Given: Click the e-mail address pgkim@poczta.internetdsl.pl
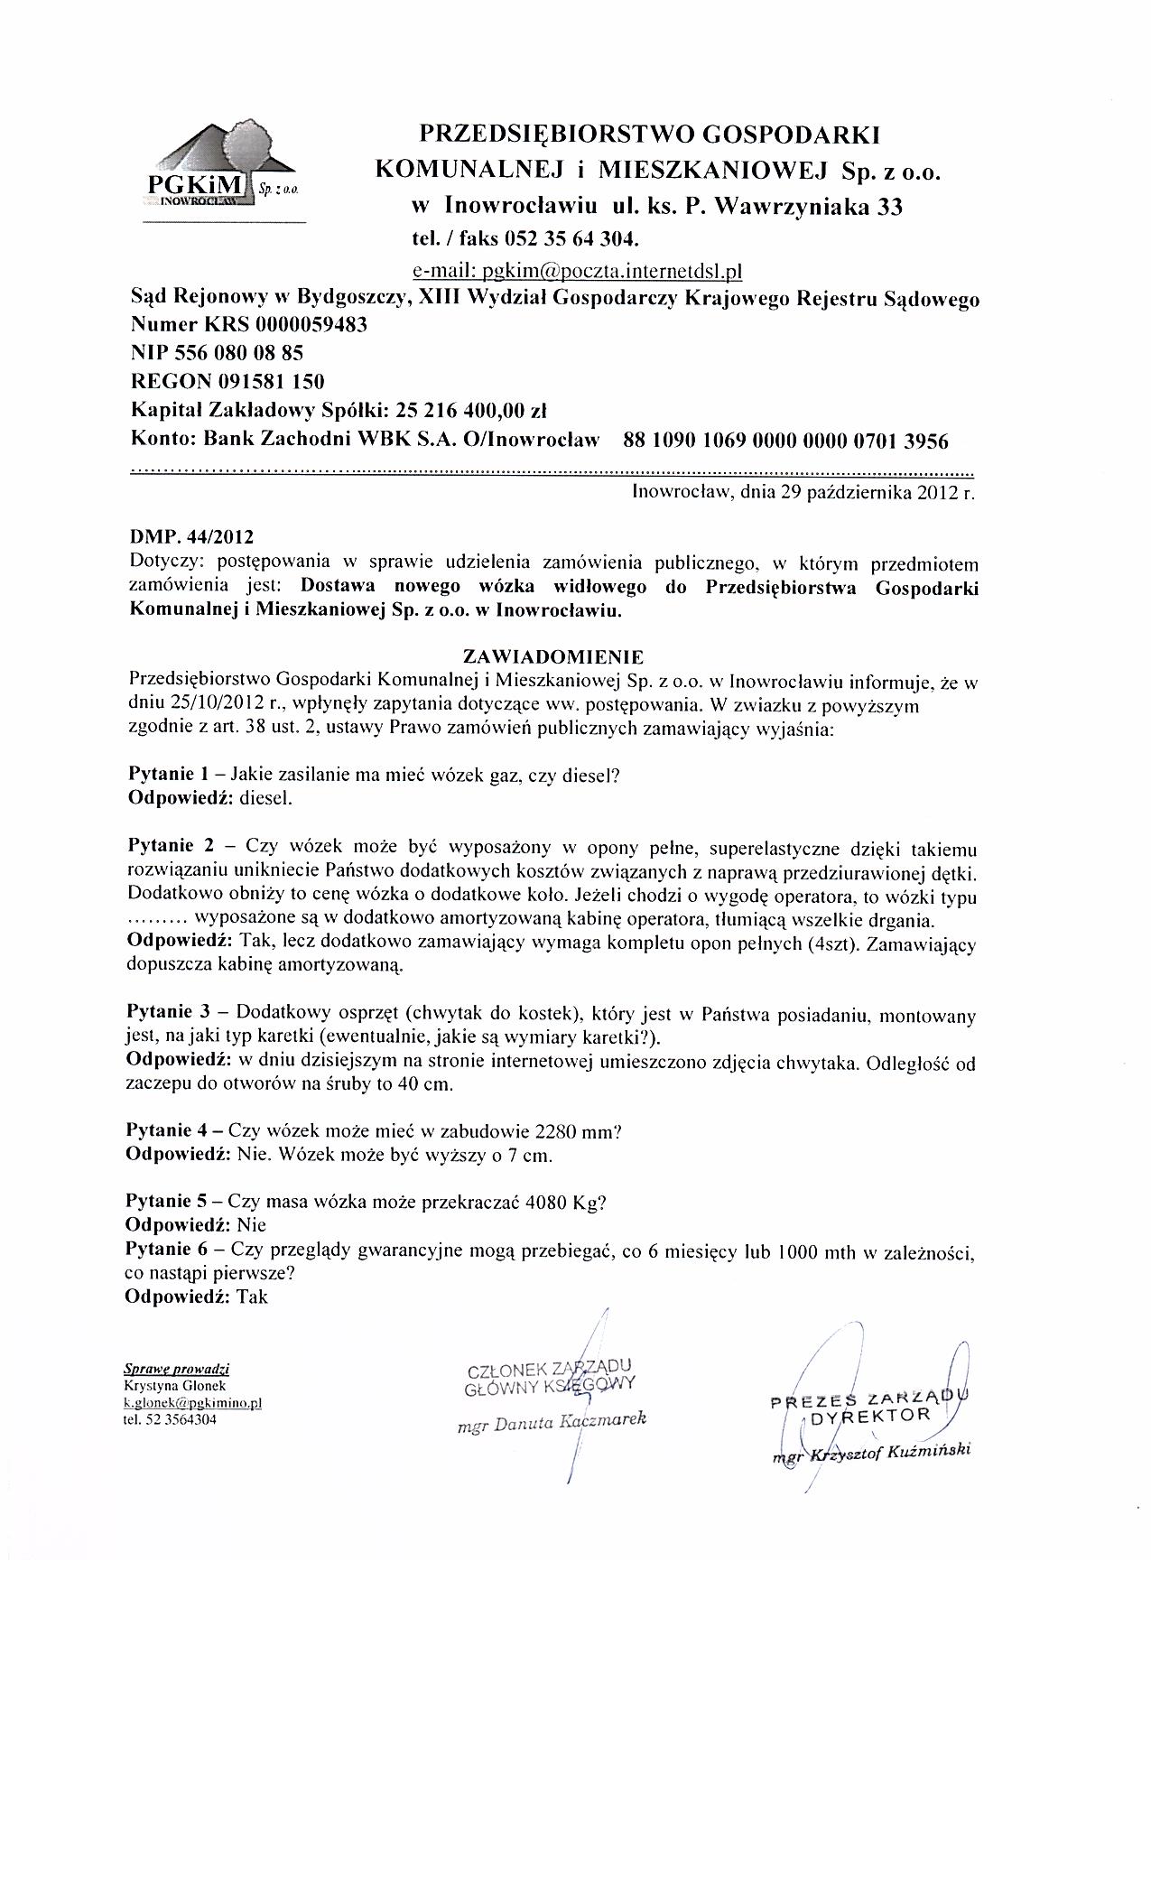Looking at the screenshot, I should point(576,270).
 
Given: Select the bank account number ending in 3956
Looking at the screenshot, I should point(785,441).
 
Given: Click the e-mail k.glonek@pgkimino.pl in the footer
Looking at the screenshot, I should point(192,1404).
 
